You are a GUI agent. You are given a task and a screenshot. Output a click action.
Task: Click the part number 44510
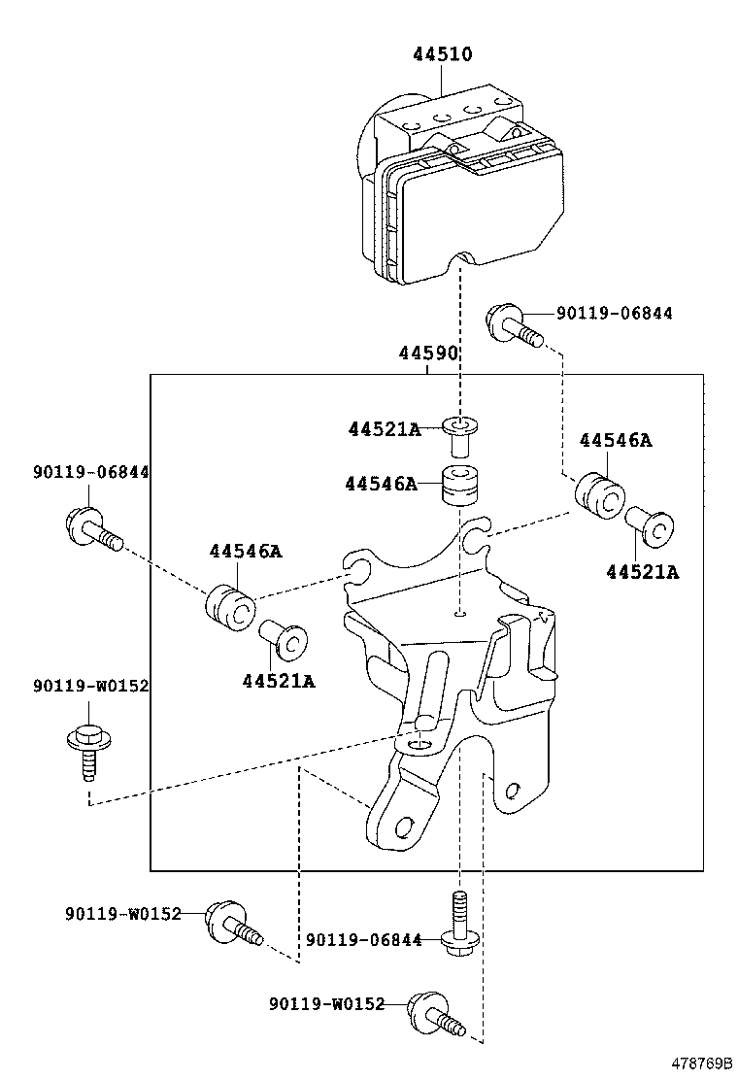(x=443, y=54)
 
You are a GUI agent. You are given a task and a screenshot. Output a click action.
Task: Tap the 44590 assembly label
(x=427, y=354)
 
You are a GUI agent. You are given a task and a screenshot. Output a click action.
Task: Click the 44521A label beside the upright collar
(x=385, y=428)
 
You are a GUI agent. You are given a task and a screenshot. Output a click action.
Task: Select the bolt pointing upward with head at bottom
(x=460, y=924)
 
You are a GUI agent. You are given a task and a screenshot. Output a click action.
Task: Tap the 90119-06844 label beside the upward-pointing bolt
(x=363, y=939)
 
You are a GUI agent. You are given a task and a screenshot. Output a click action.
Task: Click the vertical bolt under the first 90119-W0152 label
(x=86, y=751)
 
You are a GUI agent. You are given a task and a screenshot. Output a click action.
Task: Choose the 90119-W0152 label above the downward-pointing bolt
(x=90, y=686)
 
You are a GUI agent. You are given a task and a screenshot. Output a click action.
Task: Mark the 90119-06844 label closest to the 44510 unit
(x=614, y=313)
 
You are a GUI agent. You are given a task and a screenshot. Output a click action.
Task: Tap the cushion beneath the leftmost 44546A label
(x=230, y=606)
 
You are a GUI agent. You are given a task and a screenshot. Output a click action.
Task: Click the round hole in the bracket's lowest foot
(x=403, y=827)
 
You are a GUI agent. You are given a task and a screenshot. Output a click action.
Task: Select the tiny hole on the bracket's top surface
(x=462, y=612)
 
